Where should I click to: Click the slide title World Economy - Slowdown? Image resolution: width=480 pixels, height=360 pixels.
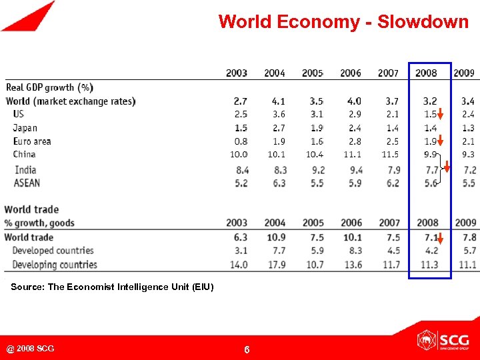[x=343, y=22]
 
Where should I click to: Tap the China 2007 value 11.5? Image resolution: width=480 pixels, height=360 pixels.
[x=389, y=155]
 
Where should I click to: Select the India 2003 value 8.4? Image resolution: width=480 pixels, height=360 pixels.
[x=241, y=170]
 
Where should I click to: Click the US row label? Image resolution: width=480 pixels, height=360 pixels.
[x=19, y=115]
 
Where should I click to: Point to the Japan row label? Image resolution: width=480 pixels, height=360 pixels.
[x=25, y=128]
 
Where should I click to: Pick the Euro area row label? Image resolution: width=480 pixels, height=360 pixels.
[x=32, y=141]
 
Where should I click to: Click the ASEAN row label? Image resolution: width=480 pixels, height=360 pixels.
[x=27, y=183]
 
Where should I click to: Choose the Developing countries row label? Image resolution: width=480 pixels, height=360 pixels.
[x=55, y=265]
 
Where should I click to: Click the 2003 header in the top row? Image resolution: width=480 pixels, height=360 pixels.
[x=237, y=73]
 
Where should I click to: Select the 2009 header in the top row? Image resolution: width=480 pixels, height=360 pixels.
[x=464, y=73]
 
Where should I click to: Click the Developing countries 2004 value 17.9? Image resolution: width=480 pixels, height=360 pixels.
[x=275, y=265]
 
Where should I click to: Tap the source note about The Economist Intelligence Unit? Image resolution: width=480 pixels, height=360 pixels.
[x=112, y=287]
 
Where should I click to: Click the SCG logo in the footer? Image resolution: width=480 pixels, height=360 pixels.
[x=443, y=340]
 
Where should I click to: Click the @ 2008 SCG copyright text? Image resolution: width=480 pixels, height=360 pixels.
[x=31, y=349]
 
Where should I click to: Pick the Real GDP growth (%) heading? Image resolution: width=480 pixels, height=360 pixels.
[x=50, y=87]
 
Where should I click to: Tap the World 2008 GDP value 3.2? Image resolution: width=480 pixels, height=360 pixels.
[x=430, y=101]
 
